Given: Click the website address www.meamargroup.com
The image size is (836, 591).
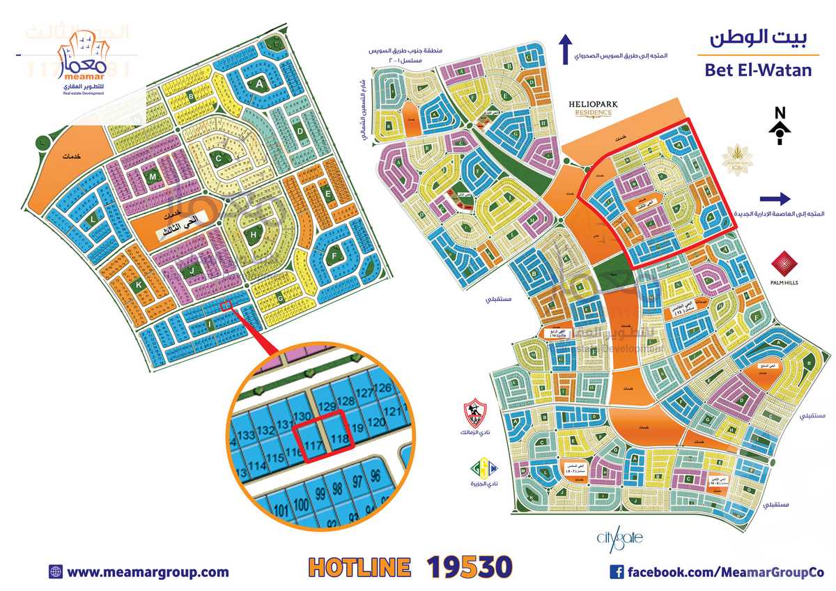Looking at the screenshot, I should (148, 572).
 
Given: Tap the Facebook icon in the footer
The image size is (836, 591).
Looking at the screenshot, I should (617, 572).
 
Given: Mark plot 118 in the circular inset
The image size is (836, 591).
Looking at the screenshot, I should (339, 439).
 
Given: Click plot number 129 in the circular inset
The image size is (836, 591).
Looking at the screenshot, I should (326, 406).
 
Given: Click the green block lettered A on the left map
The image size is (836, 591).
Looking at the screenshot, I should (260, 84).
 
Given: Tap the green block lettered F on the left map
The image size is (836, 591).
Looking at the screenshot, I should (335, 256).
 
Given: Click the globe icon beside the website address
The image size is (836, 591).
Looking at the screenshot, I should (56, 572).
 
